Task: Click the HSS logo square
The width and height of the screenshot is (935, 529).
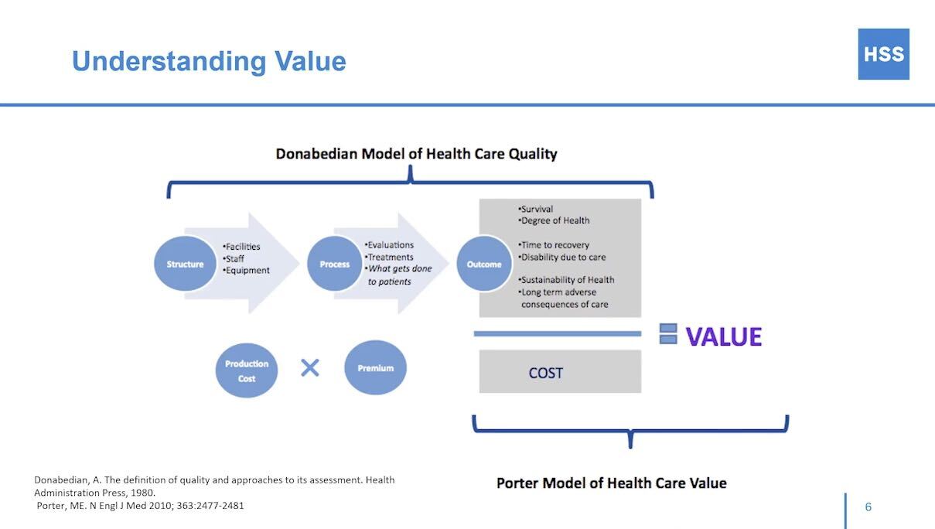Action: click(x=883, y=54)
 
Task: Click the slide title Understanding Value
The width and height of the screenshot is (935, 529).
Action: click(x=209, y=61)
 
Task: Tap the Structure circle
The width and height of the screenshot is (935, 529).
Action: click(x=185, y=264)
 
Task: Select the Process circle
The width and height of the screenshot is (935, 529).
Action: click(x=335, y=264)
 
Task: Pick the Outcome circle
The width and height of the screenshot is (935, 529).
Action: click(x=484, y=264)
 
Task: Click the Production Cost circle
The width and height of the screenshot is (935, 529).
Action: click(x=247, y=370)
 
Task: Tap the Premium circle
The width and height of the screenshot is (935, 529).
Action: click(x=375, y=368)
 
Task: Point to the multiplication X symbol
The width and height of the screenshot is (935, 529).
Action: click(x=309, y=367)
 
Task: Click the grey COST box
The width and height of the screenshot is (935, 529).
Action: click(x=560, y=372)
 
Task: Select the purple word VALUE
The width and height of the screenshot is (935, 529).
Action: click(x=724, y=336)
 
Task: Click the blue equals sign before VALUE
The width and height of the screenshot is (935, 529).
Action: click(x=668, y=334)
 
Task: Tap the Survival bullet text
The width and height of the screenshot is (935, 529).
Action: click(x=536, y=209)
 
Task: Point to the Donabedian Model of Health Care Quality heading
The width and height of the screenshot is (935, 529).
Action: click(x=416, y=153)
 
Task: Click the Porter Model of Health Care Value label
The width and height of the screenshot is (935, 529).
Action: click(x=611, y=483)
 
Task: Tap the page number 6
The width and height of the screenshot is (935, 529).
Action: click(x=868, y=507)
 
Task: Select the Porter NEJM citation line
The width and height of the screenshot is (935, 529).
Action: click(x=141, y=505)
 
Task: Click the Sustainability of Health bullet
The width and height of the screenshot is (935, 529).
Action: click(x=567, y=279)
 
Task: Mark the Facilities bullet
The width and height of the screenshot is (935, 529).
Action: click(x=242, y=247)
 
